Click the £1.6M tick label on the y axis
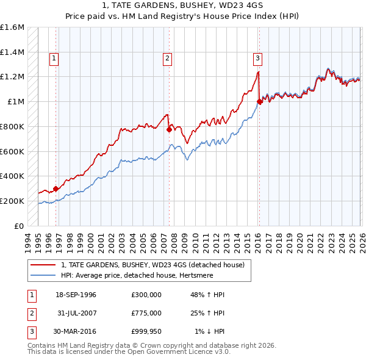point(12,27)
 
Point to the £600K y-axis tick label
point(12,151)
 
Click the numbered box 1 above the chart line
point(54,59)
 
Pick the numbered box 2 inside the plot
point(167,59)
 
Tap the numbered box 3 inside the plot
point(257,59)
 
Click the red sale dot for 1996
point(56,189)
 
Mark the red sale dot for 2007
point(169,129)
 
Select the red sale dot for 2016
point(259,102)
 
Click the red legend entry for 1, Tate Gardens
point(152,265)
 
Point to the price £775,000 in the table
point(146,314)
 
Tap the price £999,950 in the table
point(146,333)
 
